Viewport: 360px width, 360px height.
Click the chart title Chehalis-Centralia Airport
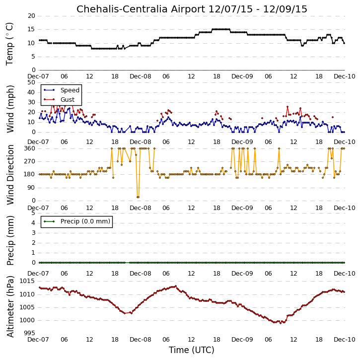[x=141, y=9]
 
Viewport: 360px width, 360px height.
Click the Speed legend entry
[x=62, y=90]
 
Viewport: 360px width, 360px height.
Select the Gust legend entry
[x=59, y=100]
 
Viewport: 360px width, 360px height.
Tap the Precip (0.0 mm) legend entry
[x=77, y=221]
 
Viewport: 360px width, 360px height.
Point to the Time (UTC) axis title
[x=192, y=350]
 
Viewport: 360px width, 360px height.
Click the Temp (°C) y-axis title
[x=9, y=44]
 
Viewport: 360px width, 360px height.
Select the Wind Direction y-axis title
[x=10, y=175]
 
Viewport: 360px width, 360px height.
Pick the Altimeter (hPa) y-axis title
[x=10, y=306]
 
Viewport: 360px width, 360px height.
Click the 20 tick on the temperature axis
[x=31, y=16]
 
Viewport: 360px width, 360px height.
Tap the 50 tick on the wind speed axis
[x=31, y=82]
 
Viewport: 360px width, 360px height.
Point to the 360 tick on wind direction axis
[x=30, y=148]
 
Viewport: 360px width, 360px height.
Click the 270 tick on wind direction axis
[x=30, y=161]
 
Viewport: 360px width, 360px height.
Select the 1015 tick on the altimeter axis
[x=27, y=281]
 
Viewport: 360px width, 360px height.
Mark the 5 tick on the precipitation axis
[x=33, y=213]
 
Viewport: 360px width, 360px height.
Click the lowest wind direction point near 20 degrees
[x=138, y=197]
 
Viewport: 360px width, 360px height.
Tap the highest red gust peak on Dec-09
[x=288, y=107]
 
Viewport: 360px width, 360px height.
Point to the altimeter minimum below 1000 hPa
[x=281, y=323]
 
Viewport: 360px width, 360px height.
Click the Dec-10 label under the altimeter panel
[x=345, y=340]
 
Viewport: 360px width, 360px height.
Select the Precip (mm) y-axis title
[x=10, y=240]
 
